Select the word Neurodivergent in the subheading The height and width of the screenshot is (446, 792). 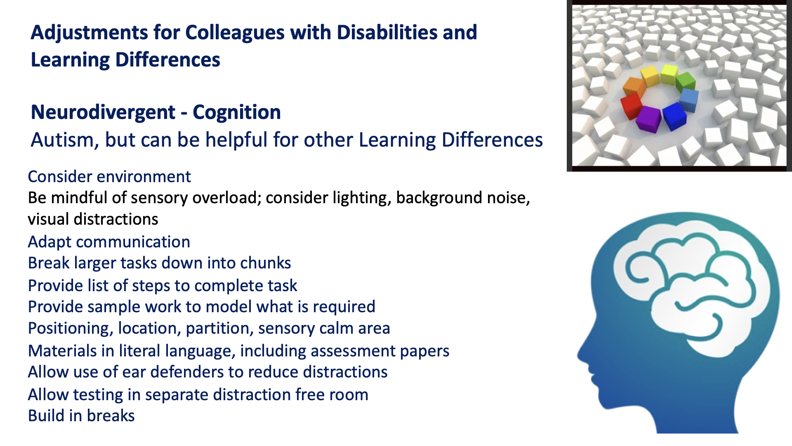[x=103, y=113]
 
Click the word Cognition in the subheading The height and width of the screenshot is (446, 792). [x=237, y=113]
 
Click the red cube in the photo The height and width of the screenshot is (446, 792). [x=632, y=106]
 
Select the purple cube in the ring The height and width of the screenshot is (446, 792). [x=648, y=119]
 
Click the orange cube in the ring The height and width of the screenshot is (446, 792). [x=634, y=87]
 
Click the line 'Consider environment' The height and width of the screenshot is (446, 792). [x=109, y=177]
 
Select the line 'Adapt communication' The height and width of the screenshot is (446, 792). [x=109, y=242]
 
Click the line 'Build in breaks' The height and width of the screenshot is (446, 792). [x=81, y=416]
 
